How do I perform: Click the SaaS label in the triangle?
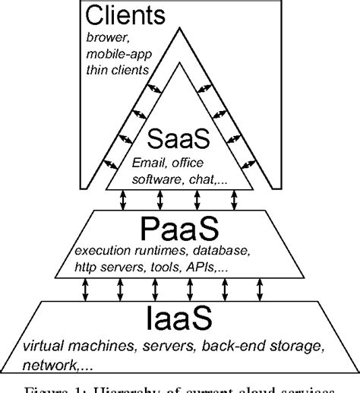click(x=180, y=141)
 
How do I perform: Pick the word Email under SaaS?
click(x=148, y=163)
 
